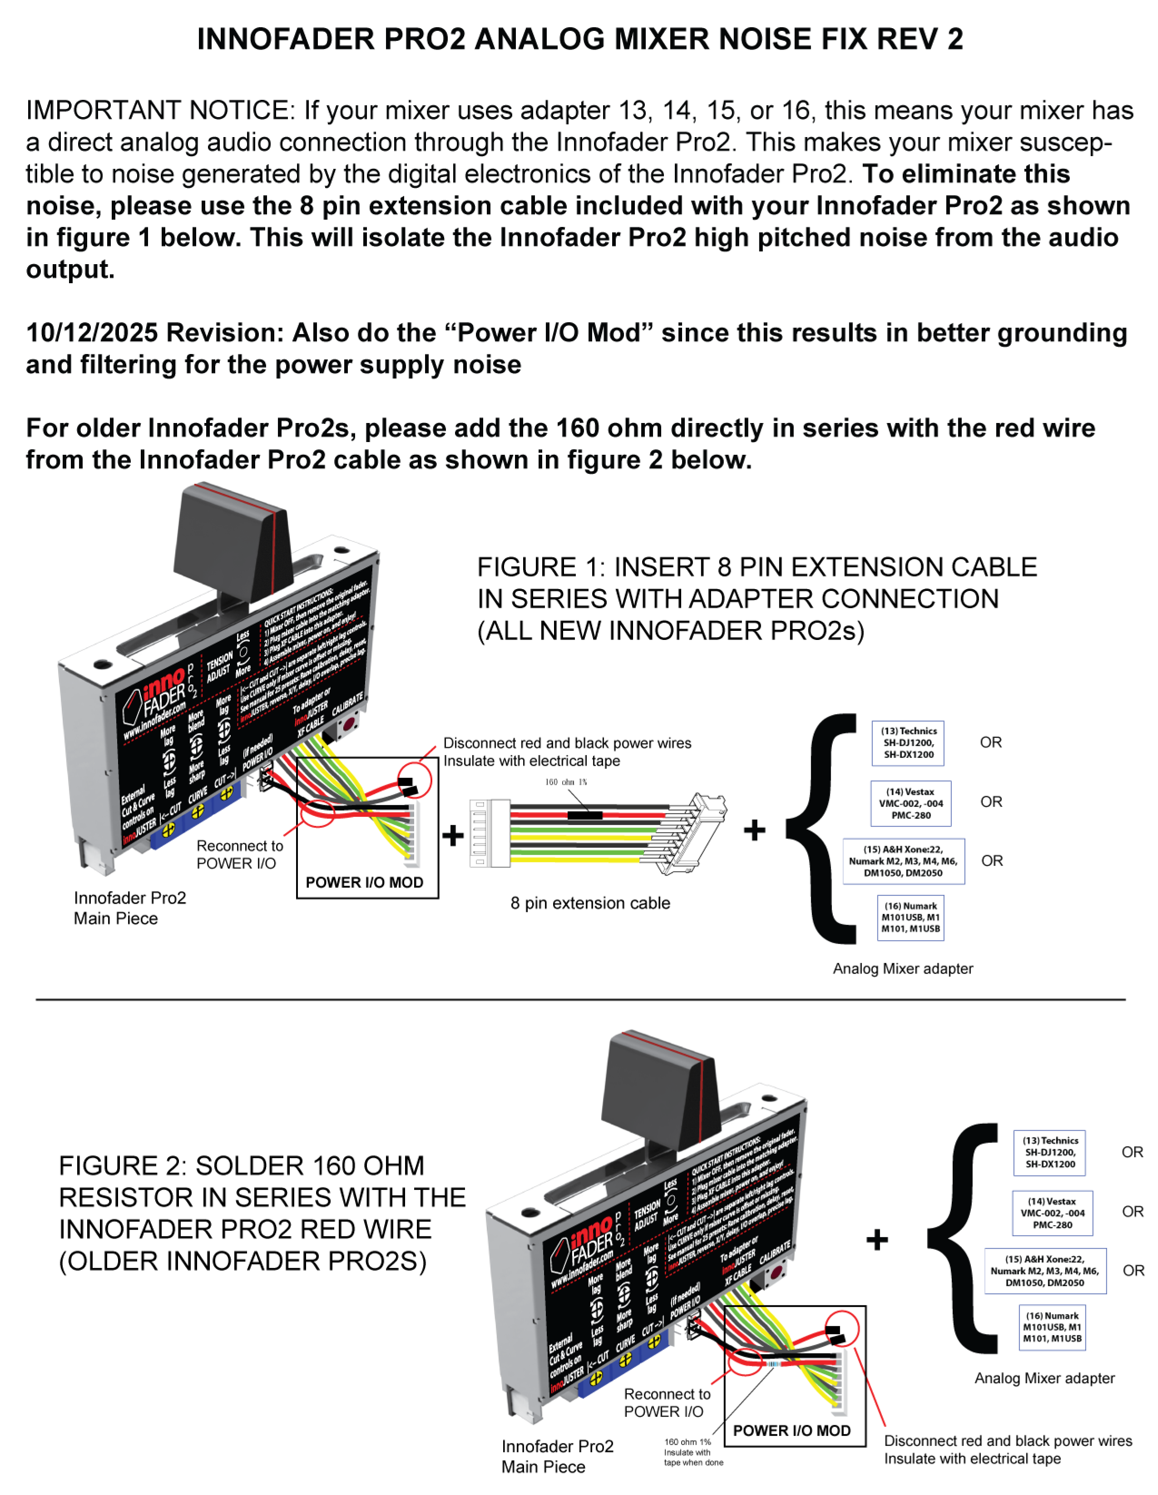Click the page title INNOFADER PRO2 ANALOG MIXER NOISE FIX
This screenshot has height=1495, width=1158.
[579, 39]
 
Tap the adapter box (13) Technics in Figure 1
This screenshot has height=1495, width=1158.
[908, 743]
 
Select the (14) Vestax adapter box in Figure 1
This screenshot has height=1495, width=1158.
[911, 803]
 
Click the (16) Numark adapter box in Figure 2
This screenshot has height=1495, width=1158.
[1052, 1327]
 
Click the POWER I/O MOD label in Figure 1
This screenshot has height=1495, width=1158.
[364, 882]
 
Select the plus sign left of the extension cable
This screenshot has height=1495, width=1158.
[453, 835]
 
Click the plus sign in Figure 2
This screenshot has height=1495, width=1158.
[876, 1239]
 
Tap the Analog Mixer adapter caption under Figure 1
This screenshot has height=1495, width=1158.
[903, 969]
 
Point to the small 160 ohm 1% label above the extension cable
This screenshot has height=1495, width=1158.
[566, 782]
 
